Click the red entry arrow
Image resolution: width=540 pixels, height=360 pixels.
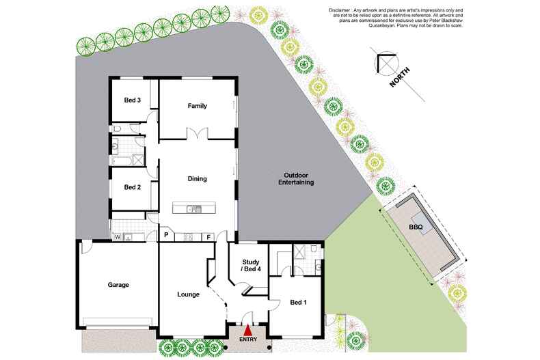(x=247, y=331)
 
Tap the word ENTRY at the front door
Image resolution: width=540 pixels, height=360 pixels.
(x=247, y=340)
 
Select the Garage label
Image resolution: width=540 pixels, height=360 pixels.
(x=118, y=285)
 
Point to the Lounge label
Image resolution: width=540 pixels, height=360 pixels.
(x=187, y=295)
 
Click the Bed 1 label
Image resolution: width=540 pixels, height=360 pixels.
(x=299, y=302)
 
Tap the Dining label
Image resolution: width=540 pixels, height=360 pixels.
(x=197, y=179)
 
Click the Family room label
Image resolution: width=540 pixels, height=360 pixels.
(x=197, y=106)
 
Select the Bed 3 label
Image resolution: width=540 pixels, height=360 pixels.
(x=132, y=100)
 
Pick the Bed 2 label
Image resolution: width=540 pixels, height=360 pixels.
(x=132, y=188)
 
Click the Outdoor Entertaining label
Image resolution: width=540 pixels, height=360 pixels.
(x=296, y=180)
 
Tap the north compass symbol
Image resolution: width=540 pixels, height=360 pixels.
(x=383, y=64)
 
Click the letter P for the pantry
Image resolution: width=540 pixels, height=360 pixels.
(x=166, y=236)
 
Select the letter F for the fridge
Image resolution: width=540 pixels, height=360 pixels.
(x=209, y=236)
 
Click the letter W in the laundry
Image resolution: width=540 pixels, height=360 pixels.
(x=118, y=236)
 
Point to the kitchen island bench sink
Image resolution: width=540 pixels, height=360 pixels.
(x=193, y=208)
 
